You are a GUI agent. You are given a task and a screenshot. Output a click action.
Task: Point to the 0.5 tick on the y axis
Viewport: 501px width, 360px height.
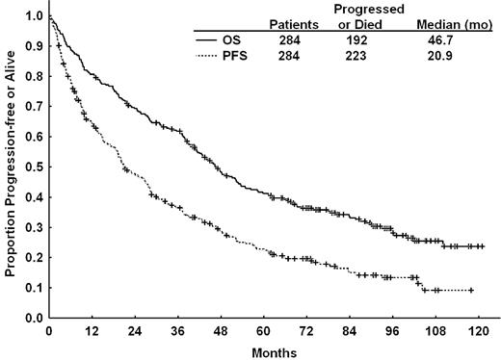[x=46, y=167]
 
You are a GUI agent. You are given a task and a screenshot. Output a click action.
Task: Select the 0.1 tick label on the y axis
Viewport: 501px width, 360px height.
[x=33, y=288]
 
